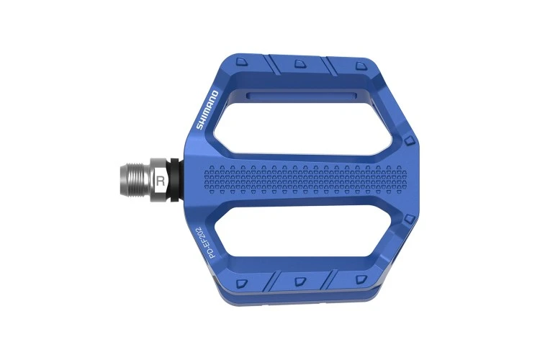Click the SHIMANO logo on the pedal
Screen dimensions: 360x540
(x=206, y=109)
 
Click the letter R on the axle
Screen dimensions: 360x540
(x=160, y=179)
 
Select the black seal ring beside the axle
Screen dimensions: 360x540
(x=175, y=178)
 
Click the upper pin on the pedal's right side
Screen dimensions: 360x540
(x=410, y=138)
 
